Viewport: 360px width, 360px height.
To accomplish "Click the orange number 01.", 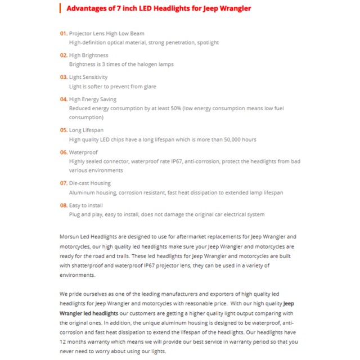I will (x=64, y=34).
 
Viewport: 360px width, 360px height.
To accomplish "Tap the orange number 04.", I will (x=64, y=100).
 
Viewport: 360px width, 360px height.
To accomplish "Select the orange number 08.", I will (x=64, y=205).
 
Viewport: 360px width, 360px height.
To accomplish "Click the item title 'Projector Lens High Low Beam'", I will (x=106, y=34).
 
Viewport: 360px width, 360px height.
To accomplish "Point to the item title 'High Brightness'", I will (x=88, y=55).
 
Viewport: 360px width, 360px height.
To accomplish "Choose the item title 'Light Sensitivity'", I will (x=88, y=77).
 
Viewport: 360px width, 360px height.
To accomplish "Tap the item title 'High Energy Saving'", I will (x=93, y=100).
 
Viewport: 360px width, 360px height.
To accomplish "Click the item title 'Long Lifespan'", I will (x=86, y=130).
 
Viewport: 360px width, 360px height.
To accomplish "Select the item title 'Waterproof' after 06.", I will (x=83, y=152).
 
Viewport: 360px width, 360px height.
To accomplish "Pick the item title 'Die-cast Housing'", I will (x=90, y=183).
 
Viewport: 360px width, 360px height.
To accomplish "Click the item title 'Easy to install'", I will (x=86, y=205).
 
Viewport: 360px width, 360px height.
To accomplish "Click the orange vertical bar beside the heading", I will (x=60, y=8).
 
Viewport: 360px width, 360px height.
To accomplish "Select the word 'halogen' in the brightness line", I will (x=144, y=64).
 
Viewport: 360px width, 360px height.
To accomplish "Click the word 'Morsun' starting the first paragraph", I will (x=70, y=237).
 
